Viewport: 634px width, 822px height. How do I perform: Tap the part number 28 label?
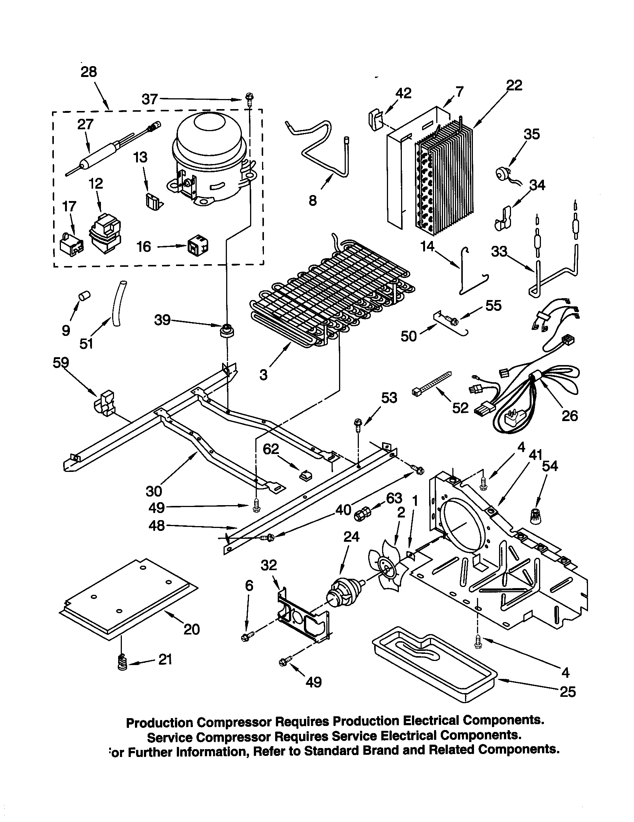coord(89,71)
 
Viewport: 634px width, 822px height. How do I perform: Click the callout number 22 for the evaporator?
coord(514,86)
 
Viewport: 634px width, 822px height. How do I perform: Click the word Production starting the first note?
coord(160,722)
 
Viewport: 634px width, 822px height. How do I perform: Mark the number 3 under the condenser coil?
coord(263,374)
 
